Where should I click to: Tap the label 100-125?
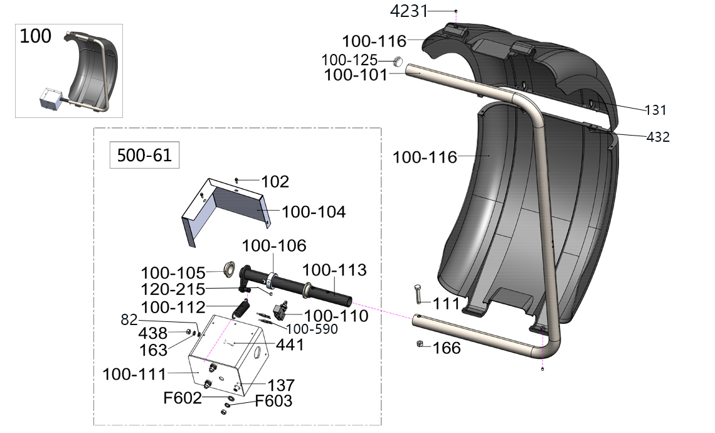349,61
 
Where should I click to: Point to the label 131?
656,110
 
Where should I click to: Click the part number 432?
659,137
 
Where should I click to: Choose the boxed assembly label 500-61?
144,155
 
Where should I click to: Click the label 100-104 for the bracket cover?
314,212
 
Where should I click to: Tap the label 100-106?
274,245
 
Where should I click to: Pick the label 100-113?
334,270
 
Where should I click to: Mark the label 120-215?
174,289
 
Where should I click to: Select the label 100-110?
336,316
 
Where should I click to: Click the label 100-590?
312,329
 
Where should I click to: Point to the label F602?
183,397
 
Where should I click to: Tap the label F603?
273,400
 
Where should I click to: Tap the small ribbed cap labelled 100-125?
398,61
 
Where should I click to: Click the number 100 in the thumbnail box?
36,36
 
